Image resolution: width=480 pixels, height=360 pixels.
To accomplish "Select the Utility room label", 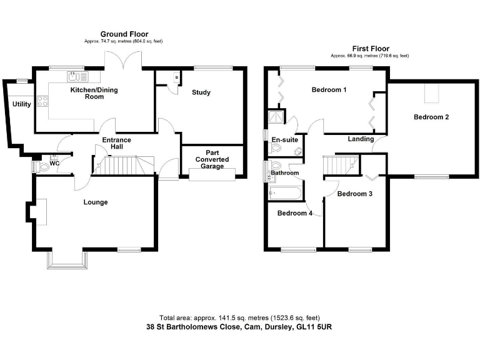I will [22, 104].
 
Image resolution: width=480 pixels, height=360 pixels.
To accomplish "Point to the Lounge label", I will [96, 202].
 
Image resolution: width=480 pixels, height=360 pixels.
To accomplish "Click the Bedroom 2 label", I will [431, 117].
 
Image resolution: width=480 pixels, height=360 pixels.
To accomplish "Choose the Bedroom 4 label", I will [295, 213].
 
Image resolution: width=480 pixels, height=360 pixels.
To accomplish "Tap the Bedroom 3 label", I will [355, 194].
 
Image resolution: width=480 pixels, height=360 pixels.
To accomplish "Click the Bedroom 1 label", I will [329, 89].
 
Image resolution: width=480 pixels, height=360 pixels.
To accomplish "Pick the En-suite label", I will [284, 140].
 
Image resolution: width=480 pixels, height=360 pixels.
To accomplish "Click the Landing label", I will [361, 139].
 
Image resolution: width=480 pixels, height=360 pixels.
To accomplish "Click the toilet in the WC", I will [42, 166].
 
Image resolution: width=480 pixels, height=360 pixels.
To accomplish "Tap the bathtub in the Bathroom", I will [285, 193].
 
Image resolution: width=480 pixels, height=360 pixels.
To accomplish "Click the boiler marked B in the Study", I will [177, 77].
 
